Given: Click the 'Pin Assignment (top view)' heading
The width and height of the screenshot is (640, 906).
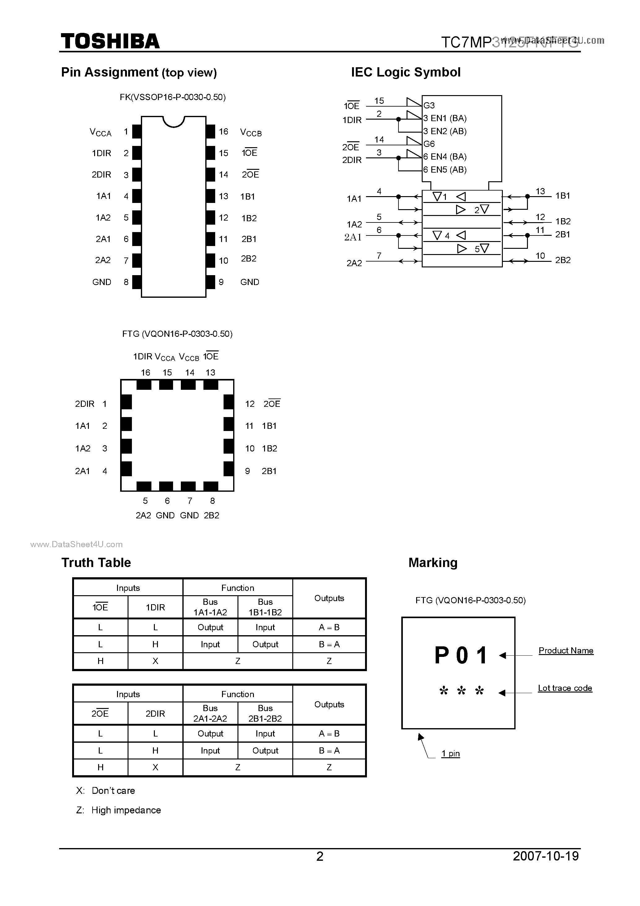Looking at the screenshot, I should pyautogui.click(x=139, y=72).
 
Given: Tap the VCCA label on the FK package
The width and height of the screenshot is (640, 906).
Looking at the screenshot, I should pyautogui.click(x=101, y=132).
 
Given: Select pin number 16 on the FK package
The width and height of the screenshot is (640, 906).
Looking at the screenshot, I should pyautogui.click(x=224, y=131).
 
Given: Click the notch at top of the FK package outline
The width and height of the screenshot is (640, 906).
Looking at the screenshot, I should pyautogui.click(x=173, y=121).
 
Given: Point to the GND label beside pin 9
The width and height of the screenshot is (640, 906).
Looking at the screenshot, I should pyautogui.click(x=250, y=282).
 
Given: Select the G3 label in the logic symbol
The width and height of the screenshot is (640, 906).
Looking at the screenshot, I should pyautogui.click(x=429, y=105).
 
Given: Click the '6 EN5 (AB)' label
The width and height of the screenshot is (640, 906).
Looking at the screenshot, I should pyautogui.click(x=445, y=170).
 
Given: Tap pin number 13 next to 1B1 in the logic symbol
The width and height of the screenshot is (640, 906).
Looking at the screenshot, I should pyautogui.click(x=540, y=191).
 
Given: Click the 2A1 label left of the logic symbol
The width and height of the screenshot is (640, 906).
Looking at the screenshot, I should pyautogui.click(x=353, y=237).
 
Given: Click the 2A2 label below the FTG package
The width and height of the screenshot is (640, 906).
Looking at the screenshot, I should pyautogui.click(x=143, y=515).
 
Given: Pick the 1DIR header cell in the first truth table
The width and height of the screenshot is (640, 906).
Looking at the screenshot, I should pyautogui.click(x=155, y=607).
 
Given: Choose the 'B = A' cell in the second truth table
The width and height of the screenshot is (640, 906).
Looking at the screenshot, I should pyautogui.click(x=329, y=750).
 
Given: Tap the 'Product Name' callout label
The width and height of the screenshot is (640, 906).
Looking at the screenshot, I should pyautogui.click(x=565, y=651).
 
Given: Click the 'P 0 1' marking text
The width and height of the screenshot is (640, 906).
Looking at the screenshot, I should pyautogui.click(x=461, y=655).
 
